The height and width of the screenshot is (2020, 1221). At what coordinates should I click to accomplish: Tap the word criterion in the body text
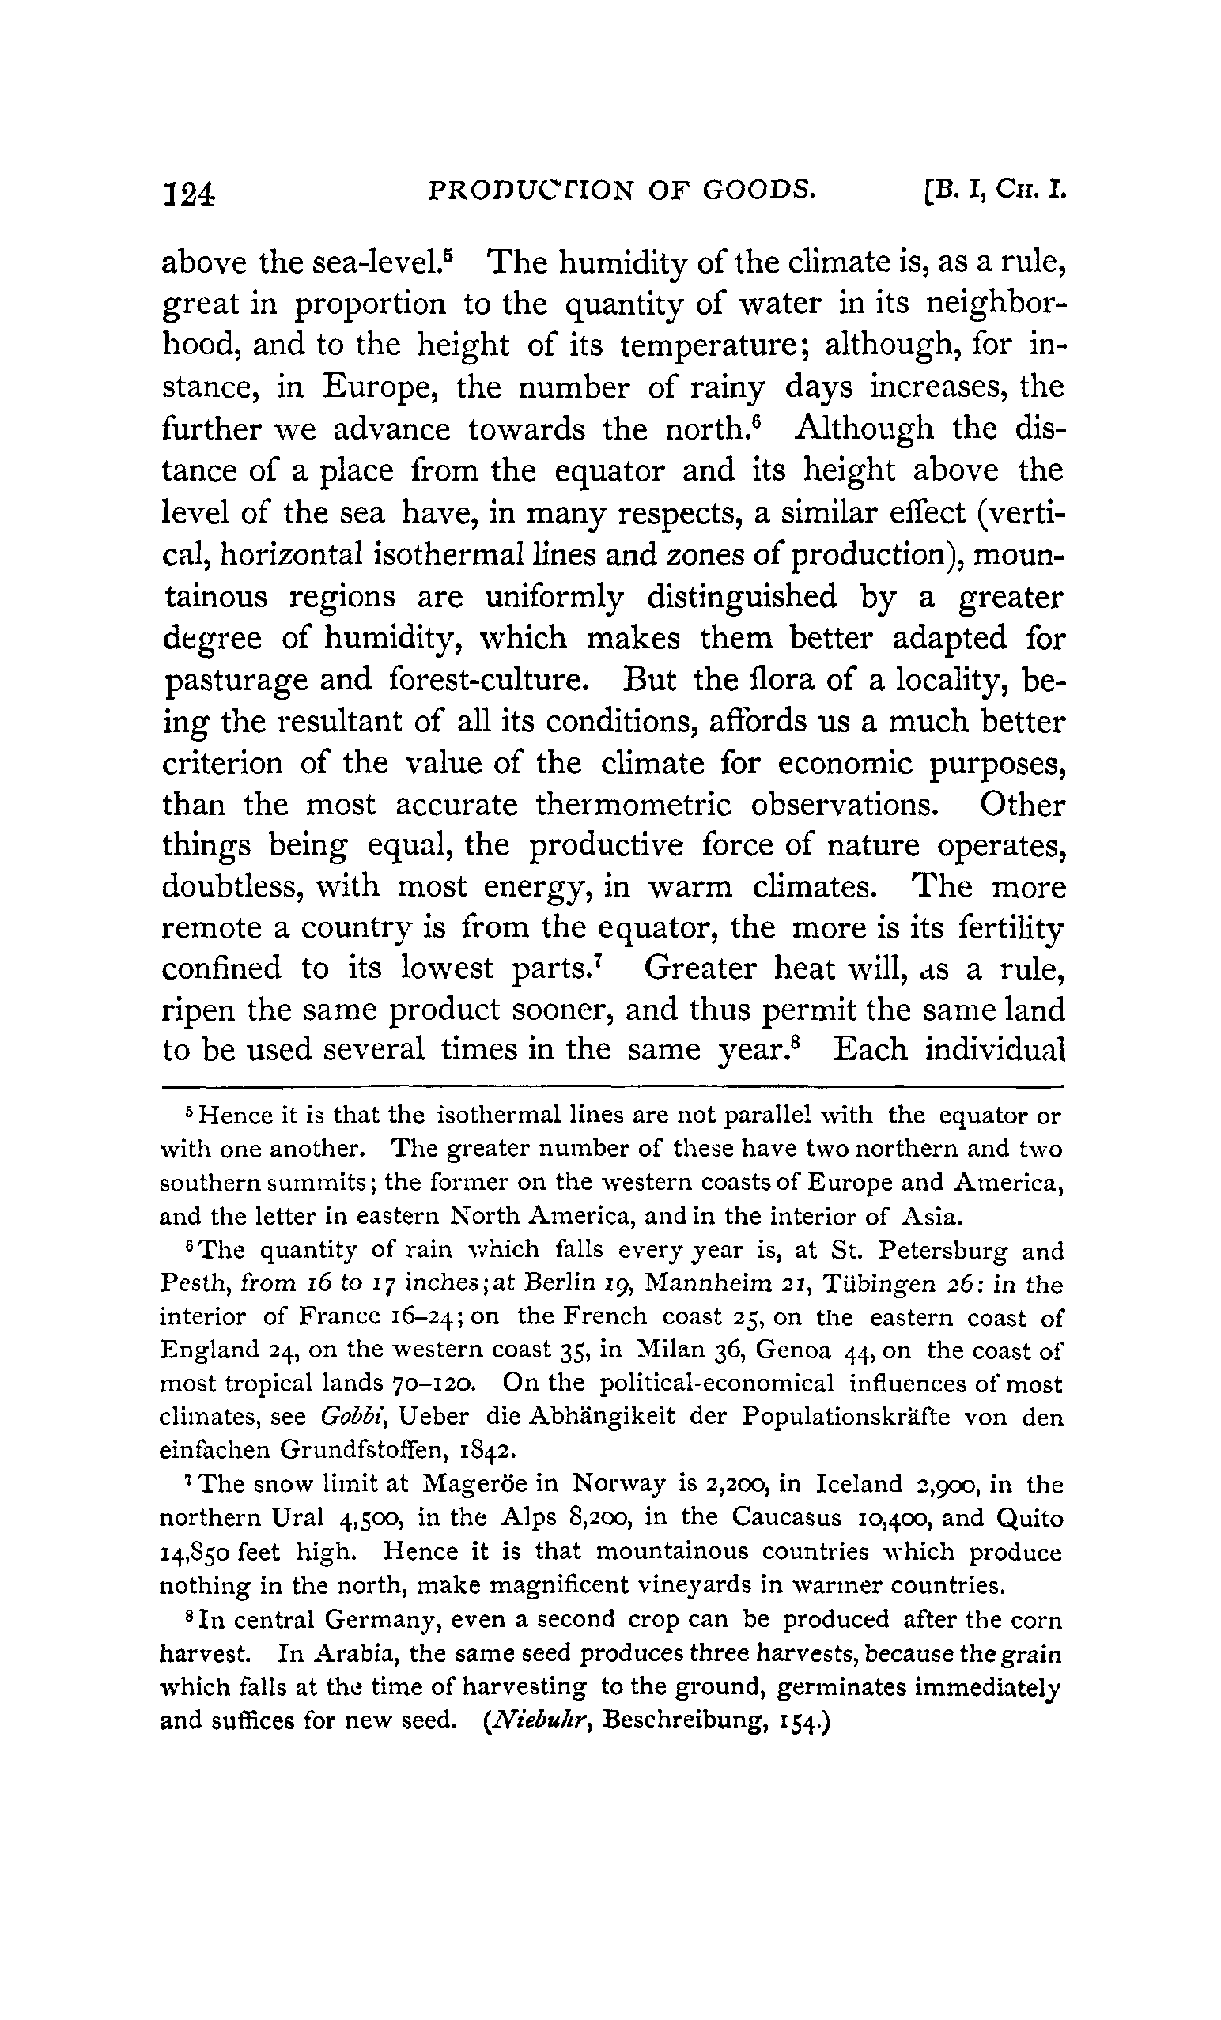pyautogui.click(x=221, y=764)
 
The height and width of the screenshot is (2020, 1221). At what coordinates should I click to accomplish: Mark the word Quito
pyautogui.click(x=1030, y=1518)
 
